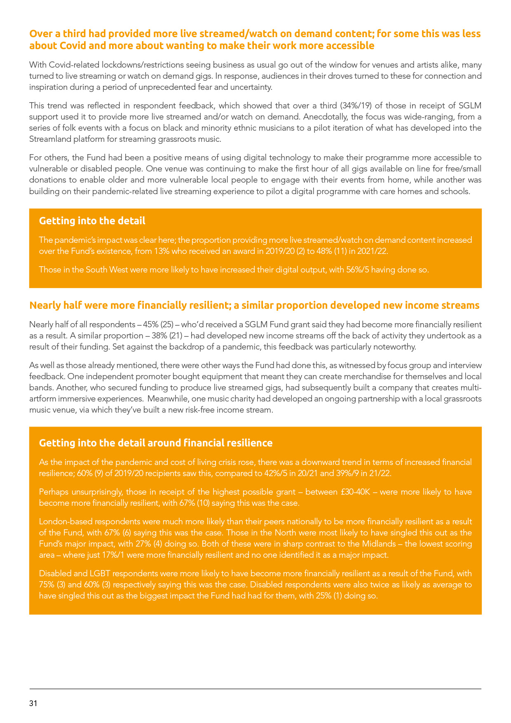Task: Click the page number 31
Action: pos(33,703)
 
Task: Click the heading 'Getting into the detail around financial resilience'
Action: pos(155,443)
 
